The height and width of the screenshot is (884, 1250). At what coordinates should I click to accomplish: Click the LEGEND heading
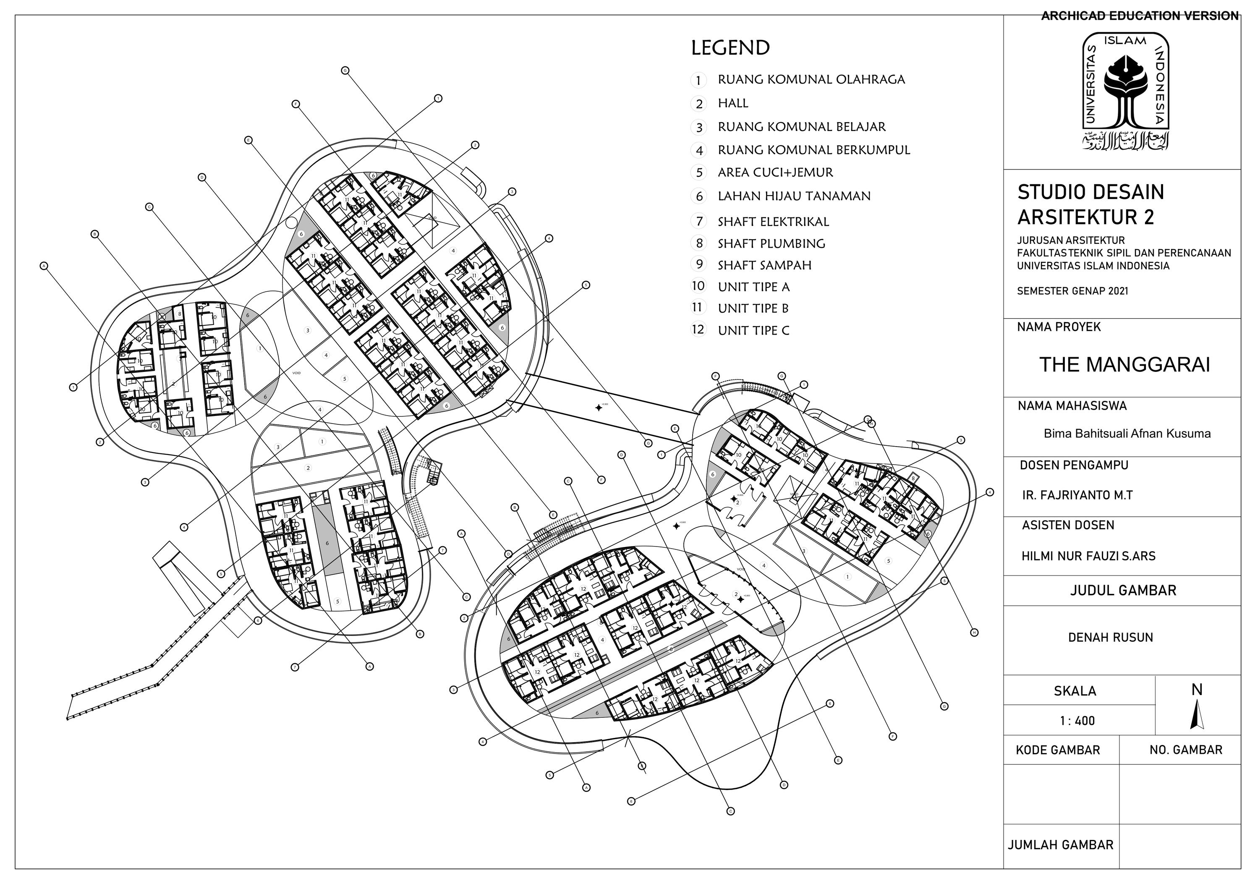click(x=730, y=48)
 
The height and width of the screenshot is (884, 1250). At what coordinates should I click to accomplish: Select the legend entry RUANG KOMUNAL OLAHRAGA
click(x=811, y=79)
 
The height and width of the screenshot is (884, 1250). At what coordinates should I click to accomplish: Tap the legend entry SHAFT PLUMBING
click(x=771, y=244)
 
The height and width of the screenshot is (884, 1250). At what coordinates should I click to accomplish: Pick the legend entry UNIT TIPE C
click(x=753, y=330)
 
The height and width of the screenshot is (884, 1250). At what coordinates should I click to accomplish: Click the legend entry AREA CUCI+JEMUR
click(x=775, y=173)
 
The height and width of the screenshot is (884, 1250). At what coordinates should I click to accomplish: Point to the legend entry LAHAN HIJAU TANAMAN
click(x=794, y=196)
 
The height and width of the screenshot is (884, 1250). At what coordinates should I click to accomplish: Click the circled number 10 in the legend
click(x=698, y=286)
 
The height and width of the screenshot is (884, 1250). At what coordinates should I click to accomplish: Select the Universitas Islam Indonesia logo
click(x=1125, y=91)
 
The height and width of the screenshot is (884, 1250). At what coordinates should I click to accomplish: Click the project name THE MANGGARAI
click(x=1124, y=365)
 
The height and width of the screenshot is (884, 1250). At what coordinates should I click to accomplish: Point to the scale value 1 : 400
click(x=1077, y=721)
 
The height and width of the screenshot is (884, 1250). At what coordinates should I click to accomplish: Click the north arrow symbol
click(x=1196, y=714)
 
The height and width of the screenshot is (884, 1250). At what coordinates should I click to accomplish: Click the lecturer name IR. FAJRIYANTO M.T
click(x=1077, y=495)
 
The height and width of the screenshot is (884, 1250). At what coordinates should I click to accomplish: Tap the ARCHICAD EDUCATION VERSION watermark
click(x=1140, y=16)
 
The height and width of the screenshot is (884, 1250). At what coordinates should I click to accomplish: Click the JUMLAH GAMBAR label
click(x=1060, y=845)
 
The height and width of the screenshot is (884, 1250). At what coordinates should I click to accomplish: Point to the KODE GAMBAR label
click(x=1058, y=750)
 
